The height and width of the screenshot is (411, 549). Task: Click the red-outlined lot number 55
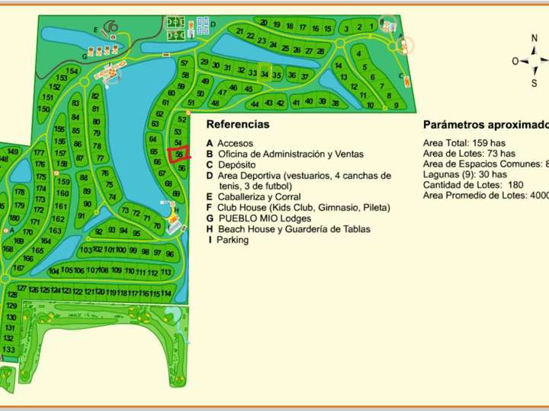click(x=178, y=154)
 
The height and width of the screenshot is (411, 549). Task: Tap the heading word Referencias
click(x=237, y=124)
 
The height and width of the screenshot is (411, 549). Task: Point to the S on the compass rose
click(x=534, y=84)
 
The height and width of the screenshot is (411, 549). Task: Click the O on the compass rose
click(x=515, y=61)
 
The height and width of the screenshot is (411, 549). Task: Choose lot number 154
click(x=72, y=72)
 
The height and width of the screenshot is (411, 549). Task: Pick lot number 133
click(x=9, y=349)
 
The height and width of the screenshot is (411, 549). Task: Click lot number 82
click(x=95, y=97)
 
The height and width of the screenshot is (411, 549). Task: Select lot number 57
click(x=185, y=64)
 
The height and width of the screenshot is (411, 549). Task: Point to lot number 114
click(x=166, y=293)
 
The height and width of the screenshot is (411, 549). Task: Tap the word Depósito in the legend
click(x=236, y=164)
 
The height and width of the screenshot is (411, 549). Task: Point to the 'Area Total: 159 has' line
click(x=464, y=142)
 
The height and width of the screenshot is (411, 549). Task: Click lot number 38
click(x=335, y=102)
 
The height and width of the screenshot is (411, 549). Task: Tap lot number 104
click(x=54, y=272)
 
